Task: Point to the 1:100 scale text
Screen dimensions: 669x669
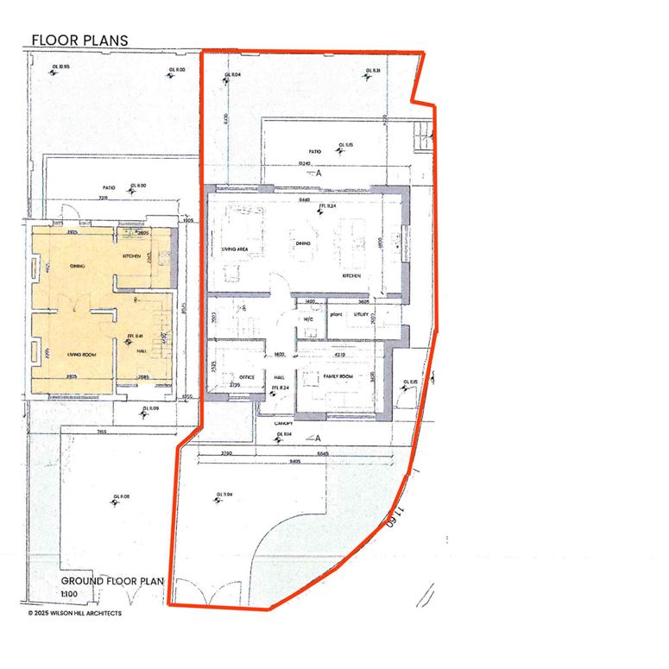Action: (x=69, y=594)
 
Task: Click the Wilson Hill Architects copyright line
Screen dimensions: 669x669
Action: (x=74, y=614)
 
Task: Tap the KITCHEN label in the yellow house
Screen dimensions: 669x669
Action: (x=131, y=256)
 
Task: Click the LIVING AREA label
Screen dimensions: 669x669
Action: (x=236, y=249)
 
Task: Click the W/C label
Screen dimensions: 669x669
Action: (x=307, y=318)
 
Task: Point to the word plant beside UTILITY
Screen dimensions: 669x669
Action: (x=337, y=315)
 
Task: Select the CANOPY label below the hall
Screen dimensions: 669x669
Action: (x=284, y=423)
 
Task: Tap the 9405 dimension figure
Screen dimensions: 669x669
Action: (x=293, y=461)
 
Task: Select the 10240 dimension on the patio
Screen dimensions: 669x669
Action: (x=303, y=163)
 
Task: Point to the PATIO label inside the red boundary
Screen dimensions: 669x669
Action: (x=314, y=152)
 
